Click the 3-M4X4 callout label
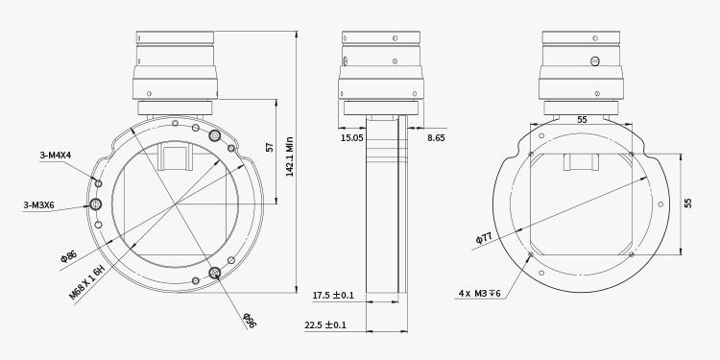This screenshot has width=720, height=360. pyautogui.click(x=56, y=156)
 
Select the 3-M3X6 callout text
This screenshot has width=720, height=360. pyautogui.click(x=39, y=204)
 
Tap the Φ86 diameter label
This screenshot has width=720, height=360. pyautogui.click(x=68, y=256)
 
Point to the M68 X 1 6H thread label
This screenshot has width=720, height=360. pyautogui.click(x=87, y=283)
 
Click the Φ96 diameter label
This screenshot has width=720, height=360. pyautogui.click(x=250, y=321)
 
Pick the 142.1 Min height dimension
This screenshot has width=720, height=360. pyautogui.click(x=289, y=156)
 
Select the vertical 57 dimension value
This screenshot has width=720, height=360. pyautogui.click(x=270, y=148)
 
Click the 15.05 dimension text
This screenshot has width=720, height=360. pyautogui.click(x=351, y=137)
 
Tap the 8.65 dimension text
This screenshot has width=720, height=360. pyautogui.click(x=436, y=137)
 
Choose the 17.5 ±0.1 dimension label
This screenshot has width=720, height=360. pyautogui.click(x=333, y=296)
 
